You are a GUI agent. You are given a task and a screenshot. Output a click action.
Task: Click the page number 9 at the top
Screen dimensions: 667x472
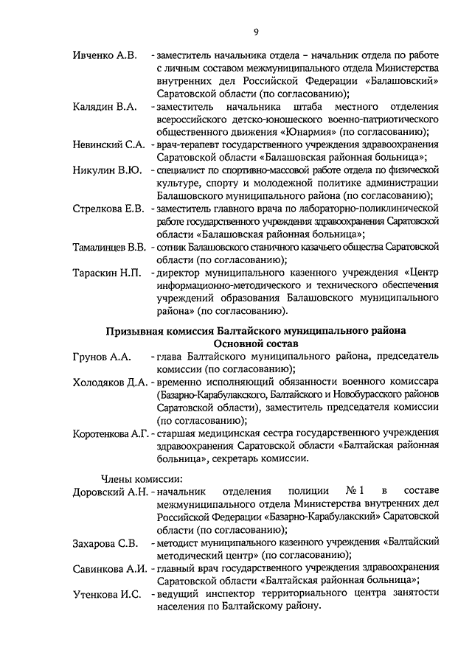pyautogui.click(x=256, y=31)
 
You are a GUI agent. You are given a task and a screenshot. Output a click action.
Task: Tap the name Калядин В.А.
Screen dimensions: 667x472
pyautogui.click(x=105, y=107)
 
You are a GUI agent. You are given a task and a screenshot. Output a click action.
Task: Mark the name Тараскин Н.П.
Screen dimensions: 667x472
pyautogui.click(x=107, y=273)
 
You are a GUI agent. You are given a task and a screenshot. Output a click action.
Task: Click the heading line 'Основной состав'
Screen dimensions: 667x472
pyautogui.click(x=256, y=343)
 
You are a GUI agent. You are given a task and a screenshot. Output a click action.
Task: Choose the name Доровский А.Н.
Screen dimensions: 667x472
pyautogui.click(x=111, y=491)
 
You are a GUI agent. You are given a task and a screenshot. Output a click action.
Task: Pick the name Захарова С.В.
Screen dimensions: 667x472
pyautogui.click(x=105, y=543)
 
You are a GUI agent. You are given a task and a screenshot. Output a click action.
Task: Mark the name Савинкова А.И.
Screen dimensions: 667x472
pyautogui.click(x=111, y=569)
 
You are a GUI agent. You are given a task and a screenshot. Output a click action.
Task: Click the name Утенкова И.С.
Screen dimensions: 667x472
pyautogui.click(x=107, y=595)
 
